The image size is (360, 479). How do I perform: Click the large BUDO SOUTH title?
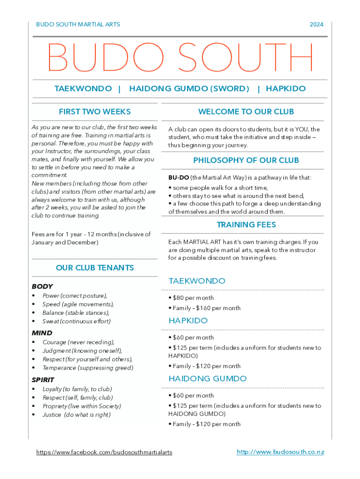tap(180, 58)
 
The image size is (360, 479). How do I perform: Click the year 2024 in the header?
tap(316, 24)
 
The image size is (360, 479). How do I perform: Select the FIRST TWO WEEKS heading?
tap(94, 112)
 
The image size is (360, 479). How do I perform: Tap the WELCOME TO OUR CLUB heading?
tap(246, 112)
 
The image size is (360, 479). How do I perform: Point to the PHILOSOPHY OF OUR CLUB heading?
tap(246, 160)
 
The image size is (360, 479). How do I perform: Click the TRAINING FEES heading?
tap(246, 225)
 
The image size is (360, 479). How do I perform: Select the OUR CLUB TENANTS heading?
tap(94, 268)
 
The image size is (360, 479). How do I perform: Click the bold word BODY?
tap(42, 286)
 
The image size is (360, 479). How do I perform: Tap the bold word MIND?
tap(42, 333)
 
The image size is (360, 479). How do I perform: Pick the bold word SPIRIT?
tap(43, 380)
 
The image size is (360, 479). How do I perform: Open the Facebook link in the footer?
tap(104, 452)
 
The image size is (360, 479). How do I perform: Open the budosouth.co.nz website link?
tap(280, 452)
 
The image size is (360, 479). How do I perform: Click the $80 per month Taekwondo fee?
tap(193, 298)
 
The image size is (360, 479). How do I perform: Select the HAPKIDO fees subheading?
tap(188, 321)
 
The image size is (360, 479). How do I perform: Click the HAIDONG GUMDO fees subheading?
tap(208, 379)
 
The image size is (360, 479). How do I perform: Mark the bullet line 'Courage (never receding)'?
tap(78, 342)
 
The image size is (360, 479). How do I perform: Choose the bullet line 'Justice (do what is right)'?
tap(76, 415)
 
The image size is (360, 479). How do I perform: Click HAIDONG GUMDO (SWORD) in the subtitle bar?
tap(189, 89)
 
